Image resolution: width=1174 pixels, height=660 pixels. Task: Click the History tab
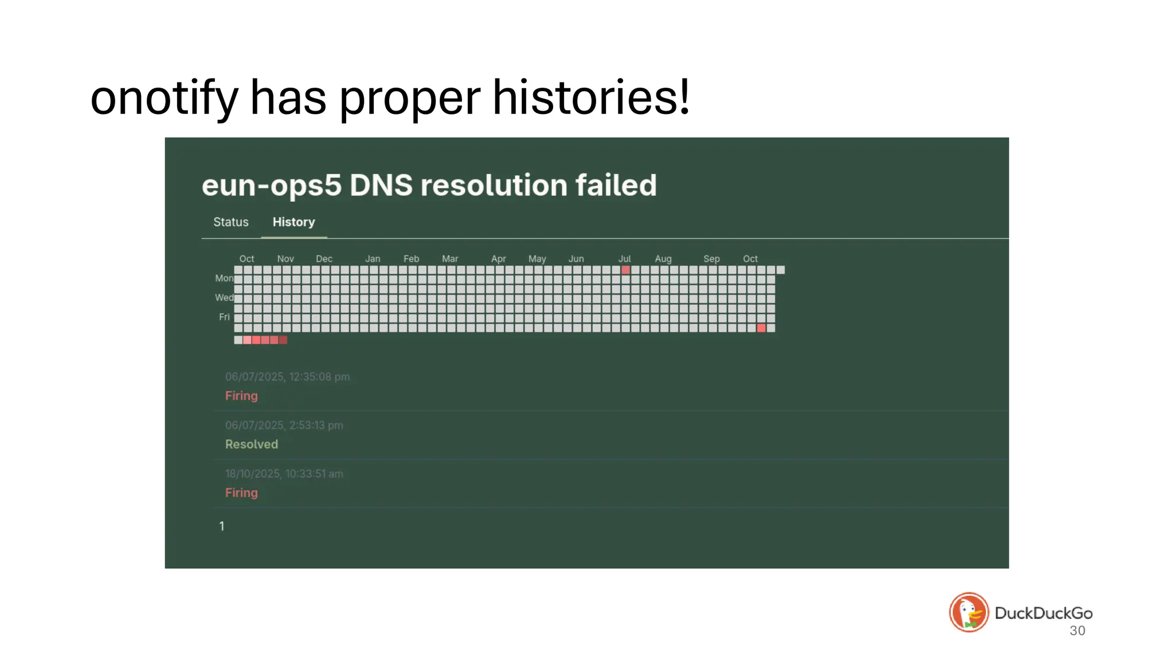[293, 222]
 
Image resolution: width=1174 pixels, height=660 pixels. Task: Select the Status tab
[231, 222]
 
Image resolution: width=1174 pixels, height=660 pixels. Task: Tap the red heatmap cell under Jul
[625, 270]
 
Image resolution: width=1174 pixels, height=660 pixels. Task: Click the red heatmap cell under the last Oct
[761, 328]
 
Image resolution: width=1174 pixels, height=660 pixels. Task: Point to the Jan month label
[373, 259]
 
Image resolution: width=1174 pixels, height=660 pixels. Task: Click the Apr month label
[498, 259]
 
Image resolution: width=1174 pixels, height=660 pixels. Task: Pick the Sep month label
[711, 259]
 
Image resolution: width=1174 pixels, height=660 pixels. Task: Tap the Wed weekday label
[224, 298]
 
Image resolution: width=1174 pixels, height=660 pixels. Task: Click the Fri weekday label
[224, 317]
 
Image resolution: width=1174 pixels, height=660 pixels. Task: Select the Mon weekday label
[224, 278]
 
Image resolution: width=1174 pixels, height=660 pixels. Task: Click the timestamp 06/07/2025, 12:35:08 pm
[287, 377]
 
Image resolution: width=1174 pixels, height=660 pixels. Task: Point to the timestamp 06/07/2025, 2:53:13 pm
[284, 426]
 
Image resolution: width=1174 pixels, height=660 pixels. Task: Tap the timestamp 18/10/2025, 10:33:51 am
[284, 474]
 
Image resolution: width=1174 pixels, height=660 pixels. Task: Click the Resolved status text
[251, 445]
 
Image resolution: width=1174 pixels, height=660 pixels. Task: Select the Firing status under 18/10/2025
[241, 493]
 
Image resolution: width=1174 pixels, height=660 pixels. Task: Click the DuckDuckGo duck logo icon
[969, 612]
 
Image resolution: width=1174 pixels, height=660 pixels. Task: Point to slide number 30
[1077, 631]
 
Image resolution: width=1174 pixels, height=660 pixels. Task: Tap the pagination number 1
[222, 527]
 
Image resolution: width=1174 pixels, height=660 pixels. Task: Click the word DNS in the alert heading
[381, 186]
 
